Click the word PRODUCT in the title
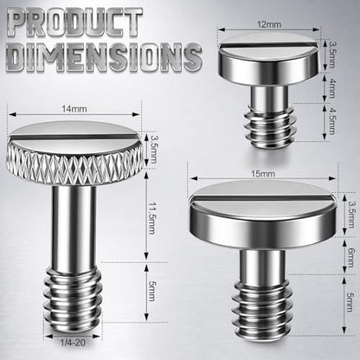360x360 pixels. click(74, 22)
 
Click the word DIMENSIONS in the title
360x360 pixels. click(104, 57)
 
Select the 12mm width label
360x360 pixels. click(269, 24)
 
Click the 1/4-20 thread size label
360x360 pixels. click(73, 343)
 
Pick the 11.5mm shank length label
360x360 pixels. click(152, 218)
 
